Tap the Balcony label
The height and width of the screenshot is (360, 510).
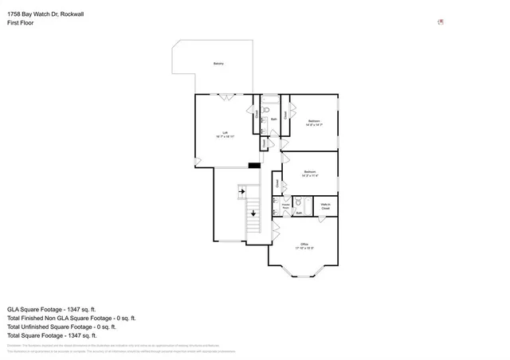pos(218,64)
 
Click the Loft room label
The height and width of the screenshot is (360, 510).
pos(225,133)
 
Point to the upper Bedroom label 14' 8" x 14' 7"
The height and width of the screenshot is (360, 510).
pos(313,122)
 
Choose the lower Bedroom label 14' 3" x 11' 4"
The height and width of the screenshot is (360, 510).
pos(310,173)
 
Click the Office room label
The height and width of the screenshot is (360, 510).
pos(304,245)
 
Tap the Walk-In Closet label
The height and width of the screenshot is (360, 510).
pos(326,206)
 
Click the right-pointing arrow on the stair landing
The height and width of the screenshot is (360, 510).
pos(241,191)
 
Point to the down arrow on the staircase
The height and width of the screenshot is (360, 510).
pos(253,213)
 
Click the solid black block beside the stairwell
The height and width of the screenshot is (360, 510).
pos(253,165)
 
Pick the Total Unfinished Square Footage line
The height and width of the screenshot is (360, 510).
pos(62,326)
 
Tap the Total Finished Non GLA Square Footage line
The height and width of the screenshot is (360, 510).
pos(73,317)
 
